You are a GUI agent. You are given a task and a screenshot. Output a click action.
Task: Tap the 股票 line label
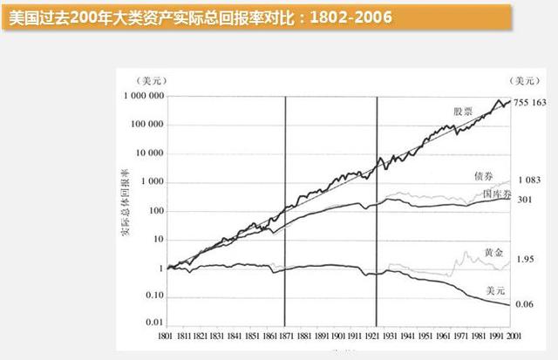(x=463, y=112)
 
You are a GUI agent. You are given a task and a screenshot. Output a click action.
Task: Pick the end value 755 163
(x=531, y=103)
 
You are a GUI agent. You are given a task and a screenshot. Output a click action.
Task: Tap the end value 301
(x=525, y=200)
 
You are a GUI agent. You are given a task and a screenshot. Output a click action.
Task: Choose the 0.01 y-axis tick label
(x=156, y=324)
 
